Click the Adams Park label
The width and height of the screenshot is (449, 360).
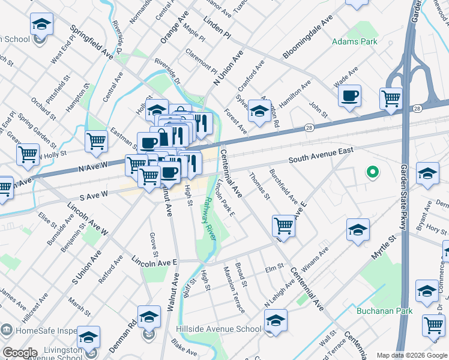pyautogui.click(x=355, y=42)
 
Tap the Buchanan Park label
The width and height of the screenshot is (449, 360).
pyautogui.click(x=385, y=311)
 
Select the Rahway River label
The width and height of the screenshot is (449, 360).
pyautogui.click(x=210, y=218)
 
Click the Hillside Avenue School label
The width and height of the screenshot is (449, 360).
pyautogui.click(x=218, y=329)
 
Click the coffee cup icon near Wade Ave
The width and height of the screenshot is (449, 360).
pyautogui.click(x=349, y=95)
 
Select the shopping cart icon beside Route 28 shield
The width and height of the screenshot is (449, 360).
pyautogui.click(x=391, y=98)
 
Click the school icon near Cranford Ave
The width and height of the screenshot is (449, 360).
pyautogui.click(x=259, y=110)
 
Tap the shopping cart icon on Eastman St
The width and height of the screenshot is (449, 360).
pyautogui.click(x=96, y=142)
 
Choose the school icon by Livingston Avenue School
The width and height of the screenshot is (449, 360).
pyautogui.click(x=88, y=337)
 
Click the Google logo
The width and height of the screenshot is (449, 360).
pyautogui.click(x=19, y=353)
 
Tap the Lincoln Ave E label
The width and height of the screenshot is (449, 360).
pyautogui.click(x=154, y=261)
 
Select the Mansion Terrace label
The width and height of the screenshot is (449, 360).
pyautogui.click(x=234, y=290)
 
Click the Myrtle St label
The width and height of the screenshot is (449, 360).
pyautogui.click(x=384, y=247)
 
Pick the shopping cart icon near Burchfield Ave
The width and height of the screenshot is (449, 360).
pyautogui.click(x=283, y=226)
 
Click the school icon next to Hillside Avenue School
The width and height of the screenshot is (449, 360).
pyautogui.click(x=276, y=320)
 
